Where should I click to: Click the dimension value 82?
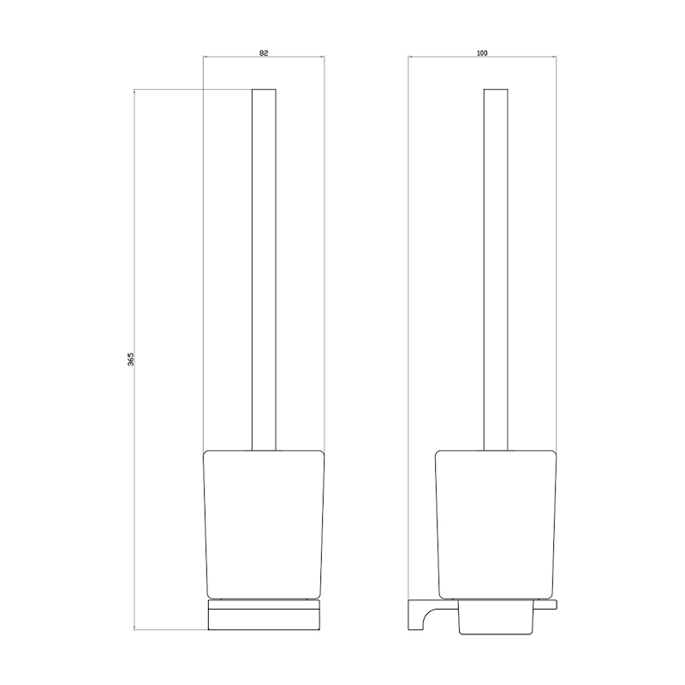tap(264, 53)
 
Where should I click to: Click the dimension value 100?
tap(482, 53)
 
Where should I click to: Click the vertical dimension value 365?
tap(131, 359)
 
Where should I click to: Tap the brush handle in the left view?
tap(264, 270)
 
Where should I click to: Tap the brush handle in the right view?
tap(496, 270)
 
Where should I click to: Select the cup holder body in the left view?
tap(264, 524)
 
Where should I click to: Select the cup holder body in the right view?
tap(496, 524)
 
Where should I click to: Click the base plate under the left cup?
tap(264, 615)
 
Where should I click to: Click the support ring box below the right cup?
tap(496, 617)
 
